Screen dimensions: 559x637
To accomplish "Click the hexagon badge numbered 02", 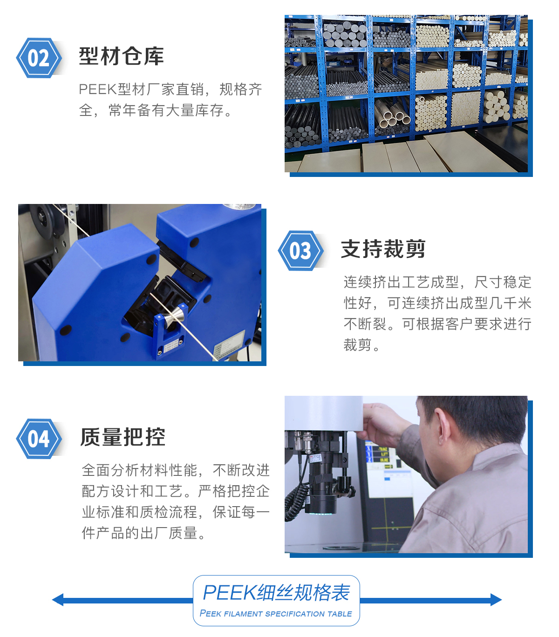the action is (x=39, y=58).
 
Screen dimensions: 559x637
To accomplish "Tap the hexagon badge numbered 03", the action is (x=300, y=251).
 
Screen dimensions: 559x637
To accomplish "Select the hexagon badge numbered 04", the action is (x=39, y=439).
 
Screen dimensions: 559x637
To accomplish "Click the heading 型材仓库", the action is (x=121, y=56).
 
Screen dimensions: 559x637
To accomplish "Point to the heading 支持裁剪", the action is (x=383, y=249).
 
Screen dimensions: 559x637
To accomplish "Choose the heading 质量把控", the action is (x=123, y=437).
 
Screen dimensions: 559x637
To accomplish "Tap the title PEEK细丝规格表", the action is (x=276, y=593).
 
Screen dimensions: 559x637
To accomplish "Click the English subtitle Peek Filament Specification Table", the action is (x=276, y=613).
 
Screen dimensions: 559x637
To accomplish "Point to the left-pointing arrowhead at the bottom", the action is (x=58, y=600).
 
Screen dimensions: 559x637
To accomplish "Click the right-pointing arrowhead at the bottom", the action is (x=496, y=600).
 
